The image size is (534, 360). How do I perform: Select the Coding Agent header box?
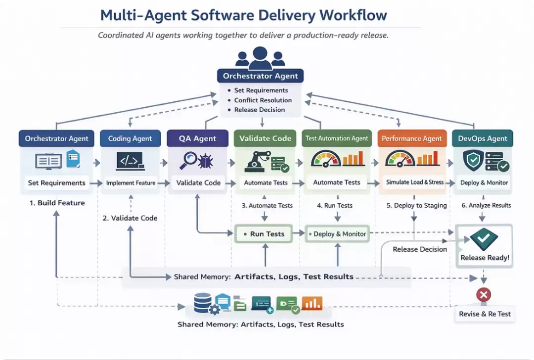point(130,138)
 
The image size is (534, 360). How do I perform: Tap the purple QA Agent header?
point(197,138)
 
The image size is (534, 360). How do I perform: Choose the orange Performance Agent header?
point(412,138)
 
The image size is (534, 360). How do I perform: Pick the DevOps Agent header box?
point(482,138)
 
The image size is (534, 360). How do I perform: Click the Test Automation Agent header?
point(337,138)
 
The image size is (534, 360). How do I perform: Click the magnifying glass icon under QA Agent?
point(188,160)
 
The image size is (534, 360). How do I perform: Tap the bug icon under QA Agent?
point(205,161)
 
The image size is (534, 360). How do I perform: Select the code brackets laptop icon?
point(130,161)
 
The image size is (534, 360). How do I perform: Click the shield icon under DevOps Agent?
point(473,161)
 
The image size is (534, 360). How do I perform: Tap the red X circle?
point(484,295)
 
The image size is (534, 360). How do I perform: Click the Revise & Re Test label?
point(485,314)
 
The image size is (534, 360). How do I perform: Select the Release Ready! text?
point(485,258)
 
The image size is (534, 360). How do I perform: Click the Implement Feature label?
point(131,183)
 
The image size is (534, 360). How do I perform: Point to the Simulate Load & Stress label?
point(415,182)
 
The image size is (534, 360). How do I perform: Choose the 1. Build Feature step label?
point(57,203)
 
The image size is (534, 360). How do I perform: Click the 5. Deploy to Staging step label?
point(416,205)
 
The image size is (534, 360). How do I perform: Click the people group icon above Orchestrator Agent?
point(260,58)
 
